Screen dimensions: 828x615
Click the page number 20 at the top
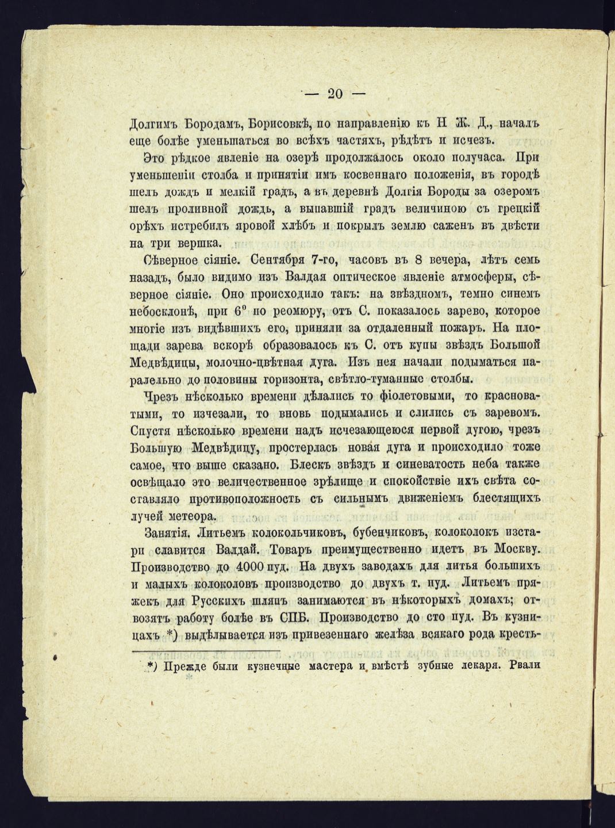point(335,94)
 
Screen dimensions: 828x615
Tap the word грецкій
point(513,208)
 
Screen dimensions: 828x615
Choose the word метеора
point(191,516)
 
